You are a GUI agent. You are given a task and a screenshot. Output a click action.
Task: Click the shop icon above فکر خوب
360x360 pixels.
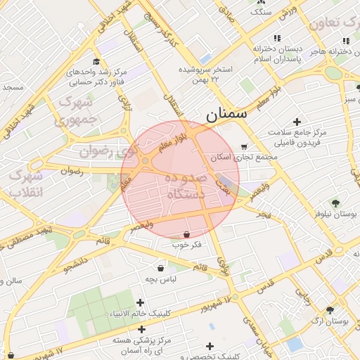(x=186, y=233)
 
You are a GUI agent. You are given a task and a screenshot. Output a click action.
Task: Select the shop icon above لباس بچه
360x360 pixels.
(x=160, y=268)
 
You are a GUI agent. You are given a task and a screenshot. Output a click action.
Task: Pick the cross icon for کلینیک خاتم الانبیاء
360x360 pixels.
(x=140, y=302)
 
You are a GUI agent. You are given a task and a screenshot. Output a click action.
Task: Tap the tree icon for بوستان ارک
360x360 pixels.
(x=330, y=309)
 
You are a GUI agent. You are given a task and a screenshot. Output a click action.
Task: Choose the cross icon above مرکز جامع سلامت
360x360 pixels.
(x=297, y=122)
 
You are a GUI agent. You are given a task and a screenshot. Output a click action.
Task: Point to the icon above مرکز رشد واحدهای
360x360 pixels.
(x=96, y=61)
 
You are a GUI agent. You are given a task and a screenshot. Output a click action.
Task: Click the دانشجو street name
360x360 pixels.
(x=76, y=264)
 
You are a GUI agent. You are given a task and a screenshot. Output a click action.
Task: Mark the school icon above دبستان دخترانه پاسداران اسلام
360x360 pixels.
(x=278, y=38)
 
